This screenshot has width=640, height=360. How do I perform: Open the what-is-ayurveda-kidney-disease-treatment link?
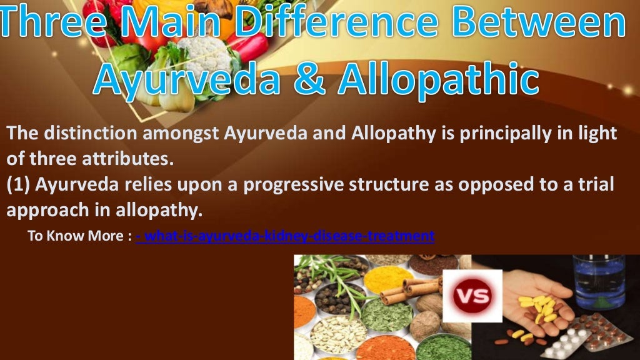pyautogui.click(x=284, y=236)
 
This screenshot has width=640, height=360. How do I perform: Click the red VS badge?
pyautogui.click(x=472, y=296)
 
